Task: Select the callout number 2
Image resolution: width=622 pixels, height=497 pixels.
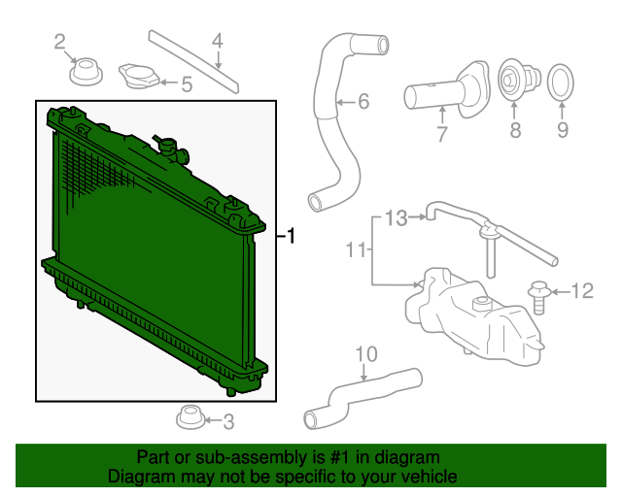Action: (60, 41)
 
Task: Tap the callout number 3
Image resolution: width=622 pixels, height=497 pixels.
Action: (228, 421)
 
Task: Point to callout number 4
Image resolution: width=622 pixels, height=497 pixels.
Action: (218, 41)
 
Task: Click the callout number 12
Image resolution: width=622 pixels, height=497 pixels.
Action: (186, 84)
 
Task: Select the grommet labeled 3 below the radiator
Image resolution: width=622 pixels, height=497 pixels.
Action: (189, 418)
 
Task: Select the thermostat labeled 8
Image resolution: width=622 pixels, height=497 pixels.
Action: (514, 81)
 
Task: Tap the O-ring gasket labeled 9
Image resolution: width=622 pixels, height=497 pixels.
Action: (561, 83)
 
